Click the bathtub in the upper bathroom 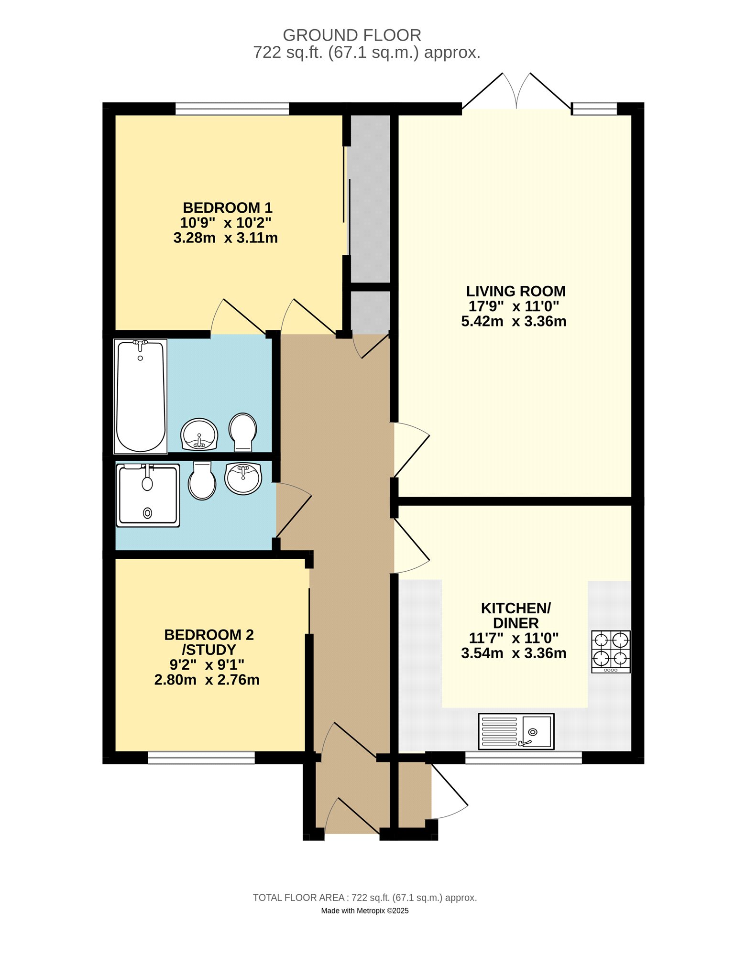coord(141,396)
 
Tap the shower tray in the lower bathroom coord(148,496)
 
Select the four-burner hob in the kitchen coord(611,651)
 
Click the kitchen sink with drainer coord(516,731)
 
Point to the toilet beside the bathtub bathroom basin coord(243,432)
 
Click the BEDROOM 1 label coord(228,208)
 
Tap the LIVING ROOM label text coord(516,291)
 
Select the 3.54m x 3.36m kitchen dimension coord(514,653)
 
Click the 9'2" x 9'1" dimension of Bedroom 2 coord(207,664)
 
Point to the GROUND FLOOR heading coord(352,35)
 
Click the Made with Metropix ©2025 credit coord(365,911)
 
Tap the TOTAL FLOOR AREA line coord(365,898)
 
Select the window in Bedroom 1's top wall coord(232,109)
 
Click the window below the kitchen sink coord(524,758)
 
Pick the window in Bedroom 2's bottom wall coord(201,758)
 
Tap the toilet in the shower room coord(202,481)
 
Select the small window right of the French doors coord(595,109)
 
